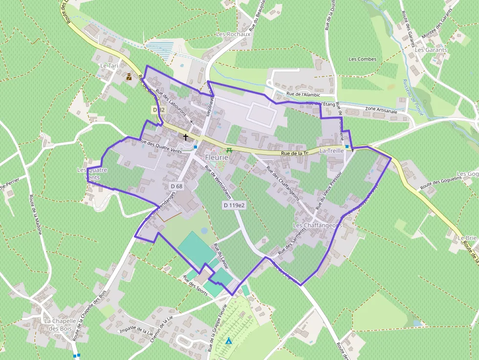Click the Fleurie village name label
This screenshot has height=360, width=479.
217,158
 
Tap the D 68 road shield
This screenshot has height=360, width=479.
176,186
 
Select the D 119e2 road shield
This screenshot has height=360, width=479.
234,205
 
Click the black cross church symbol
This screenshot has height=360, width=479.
186,137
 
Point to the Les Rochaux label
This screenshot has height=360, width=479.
233,34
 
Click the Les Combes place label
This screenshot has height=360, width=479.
362,59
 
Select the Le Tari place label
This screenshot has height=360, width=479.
109,65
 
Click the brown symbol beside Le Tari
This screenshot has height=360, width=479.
129,76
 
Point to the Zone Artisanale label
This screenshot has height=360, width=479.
381,111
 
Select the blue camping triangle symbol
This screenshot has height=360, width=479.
228,340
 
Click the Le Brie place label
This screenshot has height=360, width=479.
467,237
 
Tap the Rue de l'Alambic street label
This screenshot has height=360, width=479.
303,94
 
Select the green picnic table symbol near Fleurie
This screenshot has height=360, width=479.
227,150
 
